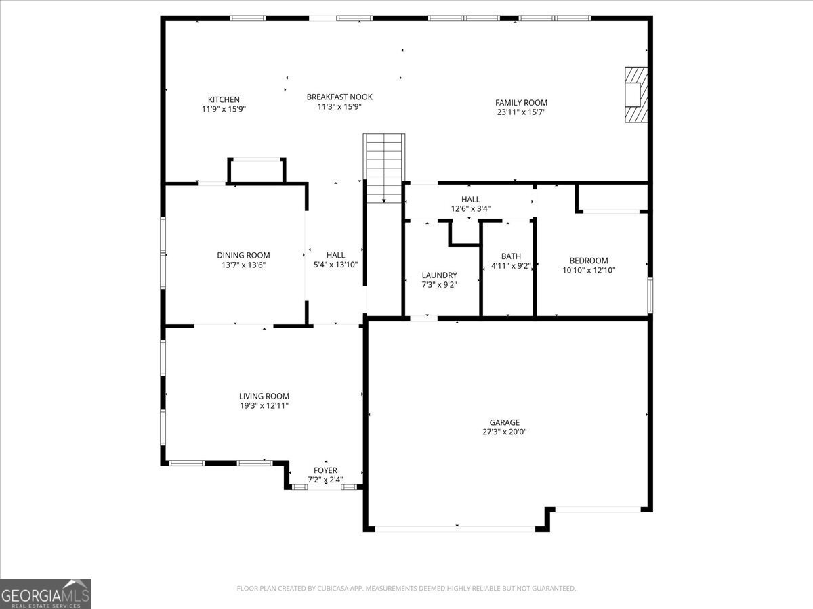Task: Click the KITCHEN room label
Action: pyautogui.click(x=224, y=99)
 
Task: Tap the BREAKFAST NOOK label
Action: pyautogui.click(x=339, y=97)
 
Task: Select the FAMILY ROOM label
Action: pyautogui.click(x=521, y=103)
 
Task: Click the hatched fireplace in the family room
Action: pyautogui.click(x=635, y=95)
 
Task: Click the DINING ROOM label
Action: pyautogui.click(x=243, y=255)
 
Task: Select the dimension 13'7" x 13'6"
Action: pyautogui.click(x=243, y=265)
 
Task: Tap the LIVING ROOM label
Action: pyautogui.click(x=264, y=397)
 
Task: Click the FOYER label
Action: pyautogui.click(x=325, y=470)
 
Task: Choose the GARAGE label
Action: pyautogui.click(x=505, y=422)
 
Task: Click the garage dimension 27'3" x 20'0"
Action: pyautogui.click(x=505, y=432)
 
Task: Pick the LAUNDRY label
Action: pyautogui.click(x=439, y=275)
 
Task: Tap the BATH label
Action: pyautogui.click(x=511, y=256)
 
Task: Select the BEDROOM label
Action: pyautogui.click(x=588, y=261)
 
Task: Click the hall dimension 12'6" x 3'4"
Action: pyautogui.click(x=470, y=209)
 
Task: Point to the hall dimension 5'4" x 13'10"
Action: pyautogui.click(x=335, y=265)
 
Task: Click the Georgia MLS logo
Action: pyautogui.click(x=45, y=593)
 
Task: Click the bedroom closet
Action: pyautogui.click(x=612, y=197)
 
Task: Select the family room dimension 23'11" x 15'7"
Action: pyautogui.click(x=521, y=112)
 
